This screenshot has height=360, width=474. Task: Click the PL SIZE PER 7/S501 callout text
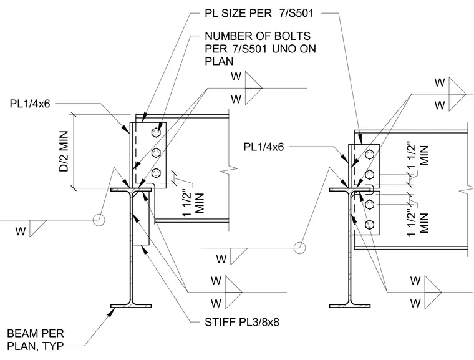coord(259,14)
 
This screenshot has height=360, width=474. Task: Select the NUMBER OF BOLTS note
coord(260,49)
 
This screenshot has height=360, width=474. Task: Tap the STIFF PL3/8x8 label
coord(242,322)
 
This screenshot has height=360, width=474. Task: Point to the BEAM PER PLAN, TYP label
coord(36,340)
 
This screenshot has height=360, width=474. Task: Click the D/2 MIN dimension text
coord(64,151)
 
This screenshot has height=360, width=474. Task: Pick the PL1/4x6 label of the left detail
coord(30,104)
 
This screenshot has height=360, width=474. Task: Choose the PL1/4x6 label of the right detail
coord(264,147)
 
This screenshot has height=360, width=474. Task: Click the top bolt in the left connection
coord(156,132)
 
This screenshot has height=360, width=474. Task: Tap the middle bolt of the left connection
coord(156,152)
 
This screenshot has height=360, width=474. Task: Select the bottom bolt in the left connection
coord(156,173)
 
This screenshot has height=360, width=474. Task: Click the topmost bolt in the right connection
coord(369,155)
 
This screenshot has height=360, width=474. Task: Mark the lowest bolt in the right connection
coord(369,225)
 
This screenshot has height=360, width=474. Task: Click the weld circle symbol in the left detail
coord(99,220)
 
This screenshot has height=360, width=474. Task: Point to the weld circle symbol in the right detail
coord(299,248)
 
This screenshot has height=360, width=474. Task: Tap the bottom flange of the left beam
coord(131,306)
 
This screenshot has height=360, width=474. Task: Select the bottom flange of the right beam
coord(350,306)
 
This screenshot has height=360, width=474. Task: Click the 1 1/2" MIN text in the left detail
coord(193,203)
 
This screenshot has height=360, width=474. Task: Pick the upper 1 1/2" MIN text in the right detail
coord(418,156)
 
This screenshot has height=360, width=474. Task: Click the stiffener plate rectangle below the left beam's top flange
coord(141,218)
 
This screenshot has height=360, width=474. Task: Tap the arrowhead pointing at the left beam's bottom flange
coord(111,312)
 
